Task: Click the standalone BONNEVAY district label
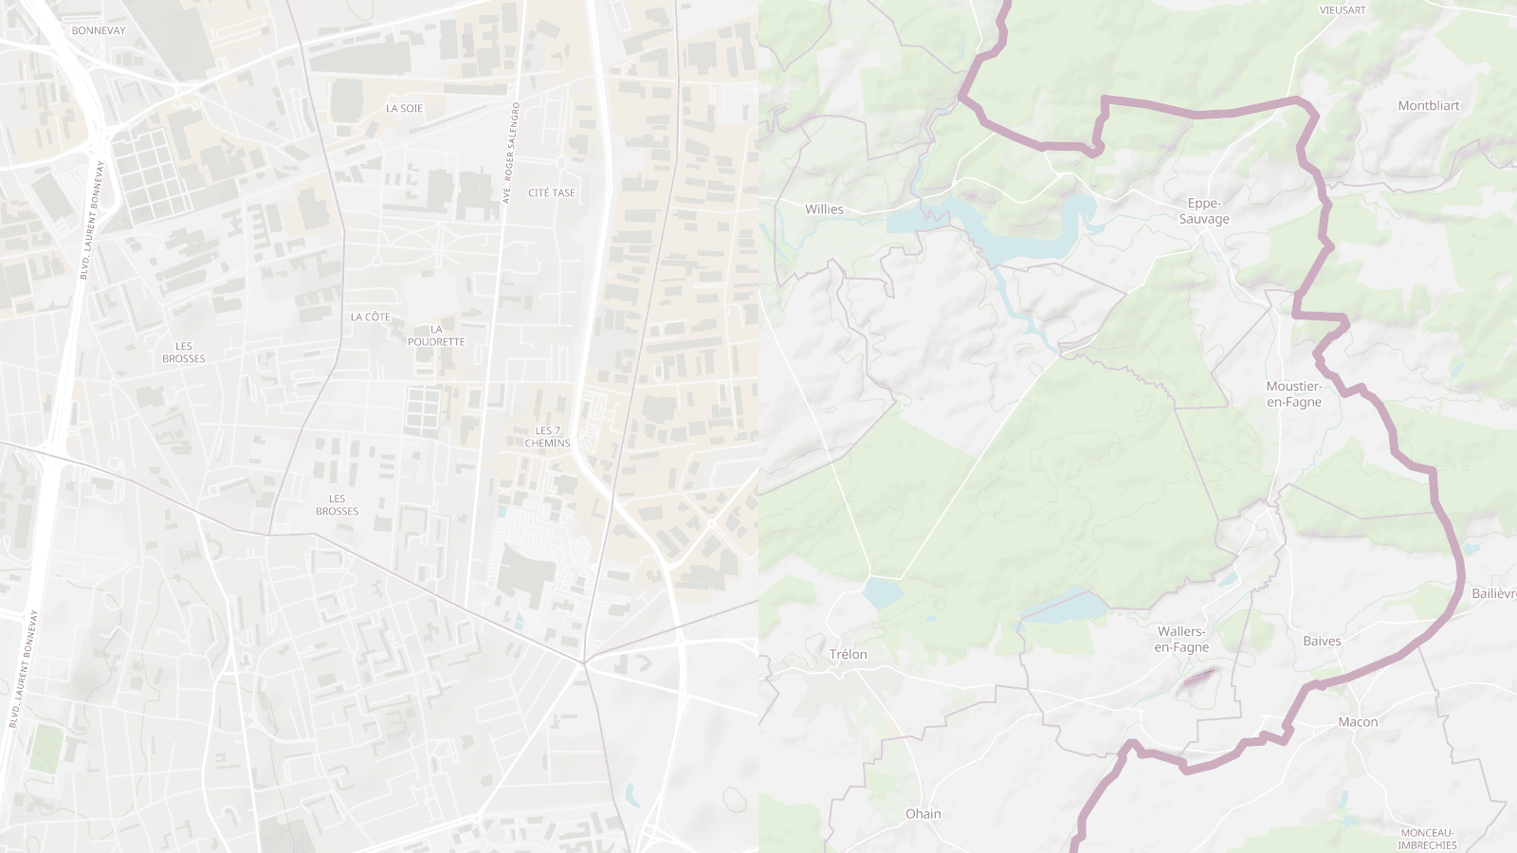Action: coord(99,30)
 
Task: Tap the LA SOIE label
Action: coord(404,108)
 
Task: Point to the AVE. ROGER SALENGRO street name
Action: coord(510,153)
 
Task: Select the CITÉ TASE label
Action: coord(552,192)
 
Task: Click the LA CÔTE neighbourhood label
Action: coord(370,317)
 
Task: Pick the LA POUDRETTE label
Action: coord(436,336)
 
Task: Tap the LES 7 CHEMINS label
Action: coord(547,437)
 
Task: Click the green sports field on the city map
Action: coord(45,747)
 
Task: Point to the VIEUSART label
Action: coord(1343,10)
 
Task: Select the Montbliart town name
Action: coord(1428,105)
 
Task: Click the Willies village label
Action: coord(824,209)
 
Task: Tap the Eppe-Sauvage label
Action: coord(1204,210)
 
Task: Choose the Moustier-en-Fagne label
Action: coord(1293,393)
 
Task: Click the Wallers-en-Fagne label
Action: coord(1181,639)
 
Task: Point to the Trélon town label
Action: coord(848,654)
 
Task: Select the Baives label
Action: coord(1322,641)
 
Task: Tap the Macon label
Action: coord(1358,721)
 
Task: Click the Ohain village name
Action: coord(923,813)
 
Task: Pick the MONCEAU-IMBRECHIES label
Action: coord(1426,839)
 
